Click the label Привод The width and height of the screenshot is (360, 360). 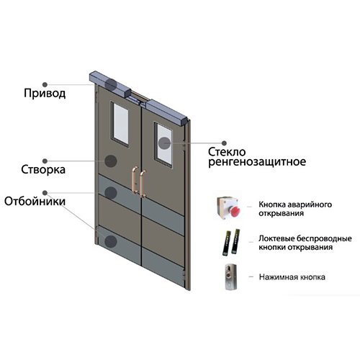pyautogui.click(x=45, y=94)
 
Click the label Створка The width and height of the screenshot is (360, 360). pyautogui.click(x=43, y=170)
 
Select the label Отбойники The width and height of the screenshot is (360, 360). pyautogui.click(x=35, y=202)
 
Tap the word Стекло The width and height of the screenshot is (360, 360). pyautogui.click(x=227, y=152)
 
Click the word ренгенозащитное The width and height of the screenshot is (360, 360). pyautogui.click(x=257, y=162)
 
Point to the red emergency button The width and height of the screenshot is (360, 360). pyautogui.click(x=235, y=211)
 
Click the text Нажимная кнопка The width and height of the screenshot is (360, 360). pyautogui.click(x=292, y=277)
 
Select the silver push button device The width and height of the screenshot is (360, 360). pyautogui.click(x=230, y=276)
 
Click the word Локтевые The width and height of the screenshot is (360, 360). pyautogui.click(x=276, y=239)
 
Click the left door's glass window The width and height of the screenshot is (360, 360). pyautogui.click(x=121, y=124)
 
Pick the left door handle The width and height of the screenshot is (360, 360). pyautogui.click(x=135, y=179)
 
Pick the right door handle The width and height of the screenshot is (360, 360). pyautogui.click(x=143, y=184)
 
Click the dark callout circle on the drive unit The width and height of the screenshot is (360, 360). pyautogui.click(x=111, y=84)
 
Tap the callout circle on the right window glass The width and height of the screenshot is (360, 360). pyautogui.click(x=164, y=143)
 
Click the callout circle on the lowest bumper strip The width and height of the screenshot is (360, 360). pyautogui.click(x=111, y=241)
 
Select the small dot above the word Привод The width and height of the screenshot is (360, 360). pyautogui.click(x=45, y=84)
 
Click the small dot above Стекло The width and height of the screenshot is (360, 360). pyautogui.click(x=224, y=143)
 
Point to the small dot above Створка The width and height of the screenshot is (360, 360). pyautogui.click(x=45, y=161)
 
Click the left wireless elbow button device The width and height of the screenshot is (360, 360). pyautogui.click(x=227, y=243)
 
